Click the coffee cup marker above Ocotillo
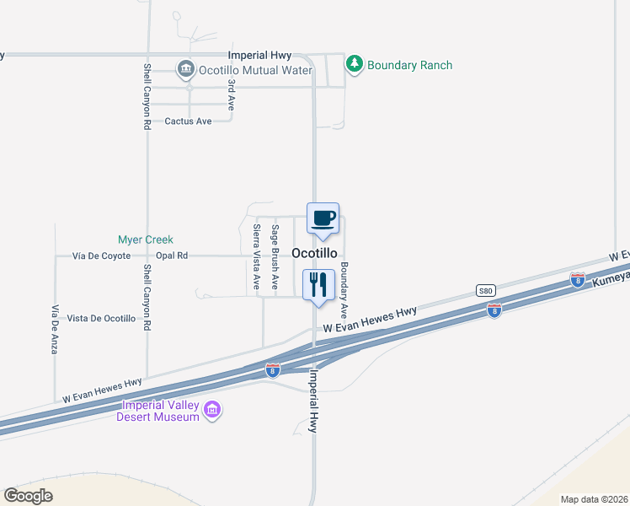tap(323, 219)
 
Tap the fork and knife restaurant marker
tap(318, 285)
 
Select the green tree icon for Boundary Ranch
tap(355, 64)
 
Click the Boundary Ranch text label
tap(410, 65)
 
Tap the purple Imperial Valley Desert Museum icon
tap(212, 411)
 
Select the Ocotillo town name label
tap(315, 253)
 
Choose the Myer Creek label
tap(145, 240)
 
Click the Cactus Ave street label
tap(188, 121)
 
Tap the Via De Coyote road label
tap(102, 256)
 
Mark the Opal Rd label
tap(172, 256)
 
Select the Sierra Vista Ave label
tap(257, 258)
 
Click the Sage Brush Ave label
tap(275, 248)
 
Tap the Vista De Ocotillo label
tap(101, 318)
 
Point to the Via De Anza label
tap(55, 329)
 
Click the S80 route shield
tap(484, 291)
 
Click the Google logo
tap(28, 495)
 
